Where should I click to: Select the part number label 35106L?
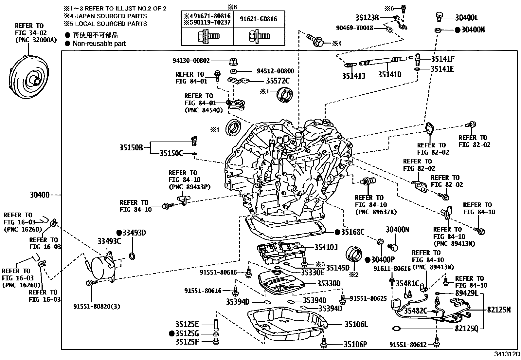click(x=356, y=325)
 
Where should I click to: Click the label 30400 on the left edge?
click(x=40, y=195)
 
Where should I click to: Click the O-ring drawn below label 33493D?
click(x=132, y=256)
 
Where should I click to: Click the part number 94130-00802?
click(x=191, y=61)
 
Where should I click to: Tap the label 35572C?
click(x=278, y=80)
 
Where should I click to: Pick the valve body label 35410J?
click(x=326, y=247)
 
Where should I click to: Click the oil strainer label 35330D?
click(x=329, y=283)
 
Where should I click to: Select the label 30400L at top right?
click(x=466, y=18)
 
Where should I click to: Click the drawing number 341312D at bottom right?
click(x=507, y=354)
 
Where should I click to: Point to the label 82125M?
click(x=499, y=310)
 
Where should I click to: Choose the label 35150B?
click(x=131, y=148)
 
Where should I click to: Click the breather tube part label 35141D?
click(x=389, y=75)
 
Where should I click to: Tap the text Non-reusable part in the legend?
click(x=99, y=44)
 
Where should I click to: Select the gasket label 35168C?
click(x=352, y=232)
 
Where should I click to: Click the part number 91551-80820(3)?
click(x=97, y=307)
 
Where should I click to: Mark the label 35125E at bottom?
click(x=187, y=324)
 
